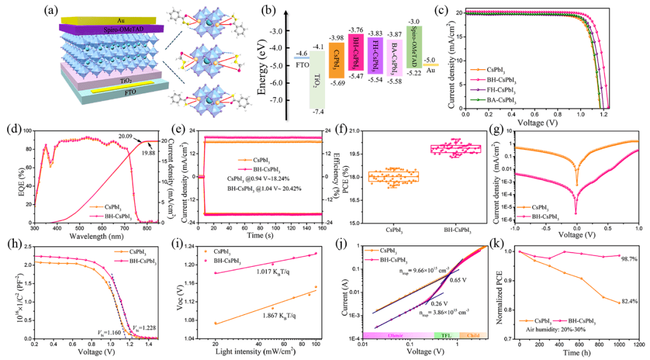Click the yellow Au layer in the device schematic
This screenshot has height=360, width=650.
(96, 19)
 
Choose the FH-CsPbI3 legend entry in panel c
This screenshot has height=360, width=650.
(497, 90)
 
